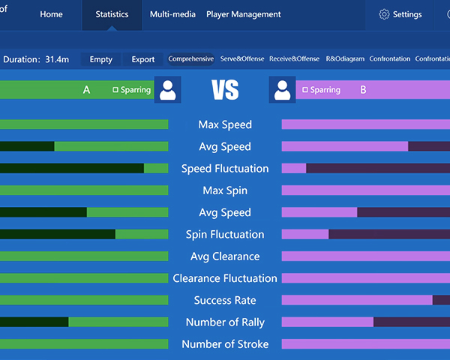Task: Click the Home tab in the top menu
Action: (51, 14)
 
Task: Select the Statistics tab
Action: (112, 14)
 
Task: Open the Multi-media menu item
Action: (172, 14)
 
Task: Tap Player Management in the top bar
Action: (243, 14)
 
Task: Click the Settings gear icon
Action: (384, 14)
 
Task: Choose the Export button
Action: (143, 59)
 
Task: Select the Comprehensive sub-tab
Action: (190, 59)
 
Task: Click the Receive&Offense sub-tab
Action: (294, 59)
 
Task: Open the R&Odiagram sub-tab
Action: (344, 59)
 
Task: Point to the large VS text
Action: (225, 91)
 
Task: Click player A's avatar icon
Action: (167, 90)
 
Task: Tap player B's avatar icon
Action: (283, 90)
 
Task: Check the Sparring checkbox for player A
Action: (115, 90)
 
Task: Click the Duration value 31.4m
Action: (58, 59)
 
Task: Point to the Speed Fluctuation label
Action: (225, 169)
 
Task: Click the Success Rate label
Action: (225, 301)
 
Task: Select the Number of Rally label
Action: (225, 322)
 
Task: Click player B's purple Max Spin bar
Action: (365, 190)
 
